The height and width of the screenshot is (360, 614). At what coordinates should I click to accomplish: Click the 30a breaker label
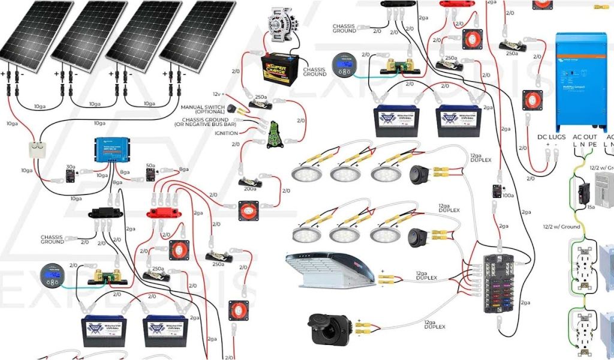[70, 167]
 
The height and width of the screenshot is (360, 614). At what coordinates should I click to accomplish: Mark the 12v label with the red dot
[218, 95]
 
